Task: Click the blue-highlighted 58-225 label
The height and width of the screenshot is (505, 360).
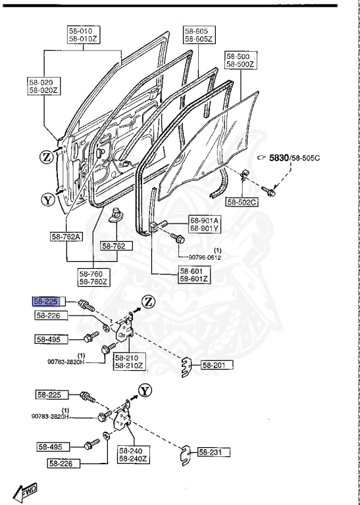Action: click(x=47, y=302)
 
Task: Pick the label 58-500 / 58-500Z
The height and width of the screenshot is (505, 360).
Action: click(x=240, y=60)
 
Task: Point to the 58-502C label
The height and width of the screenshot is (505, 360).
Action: click(x=242, y=201)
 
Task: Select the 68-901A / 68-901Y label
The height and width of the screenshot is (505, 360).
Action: click(x=205, y=225)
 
